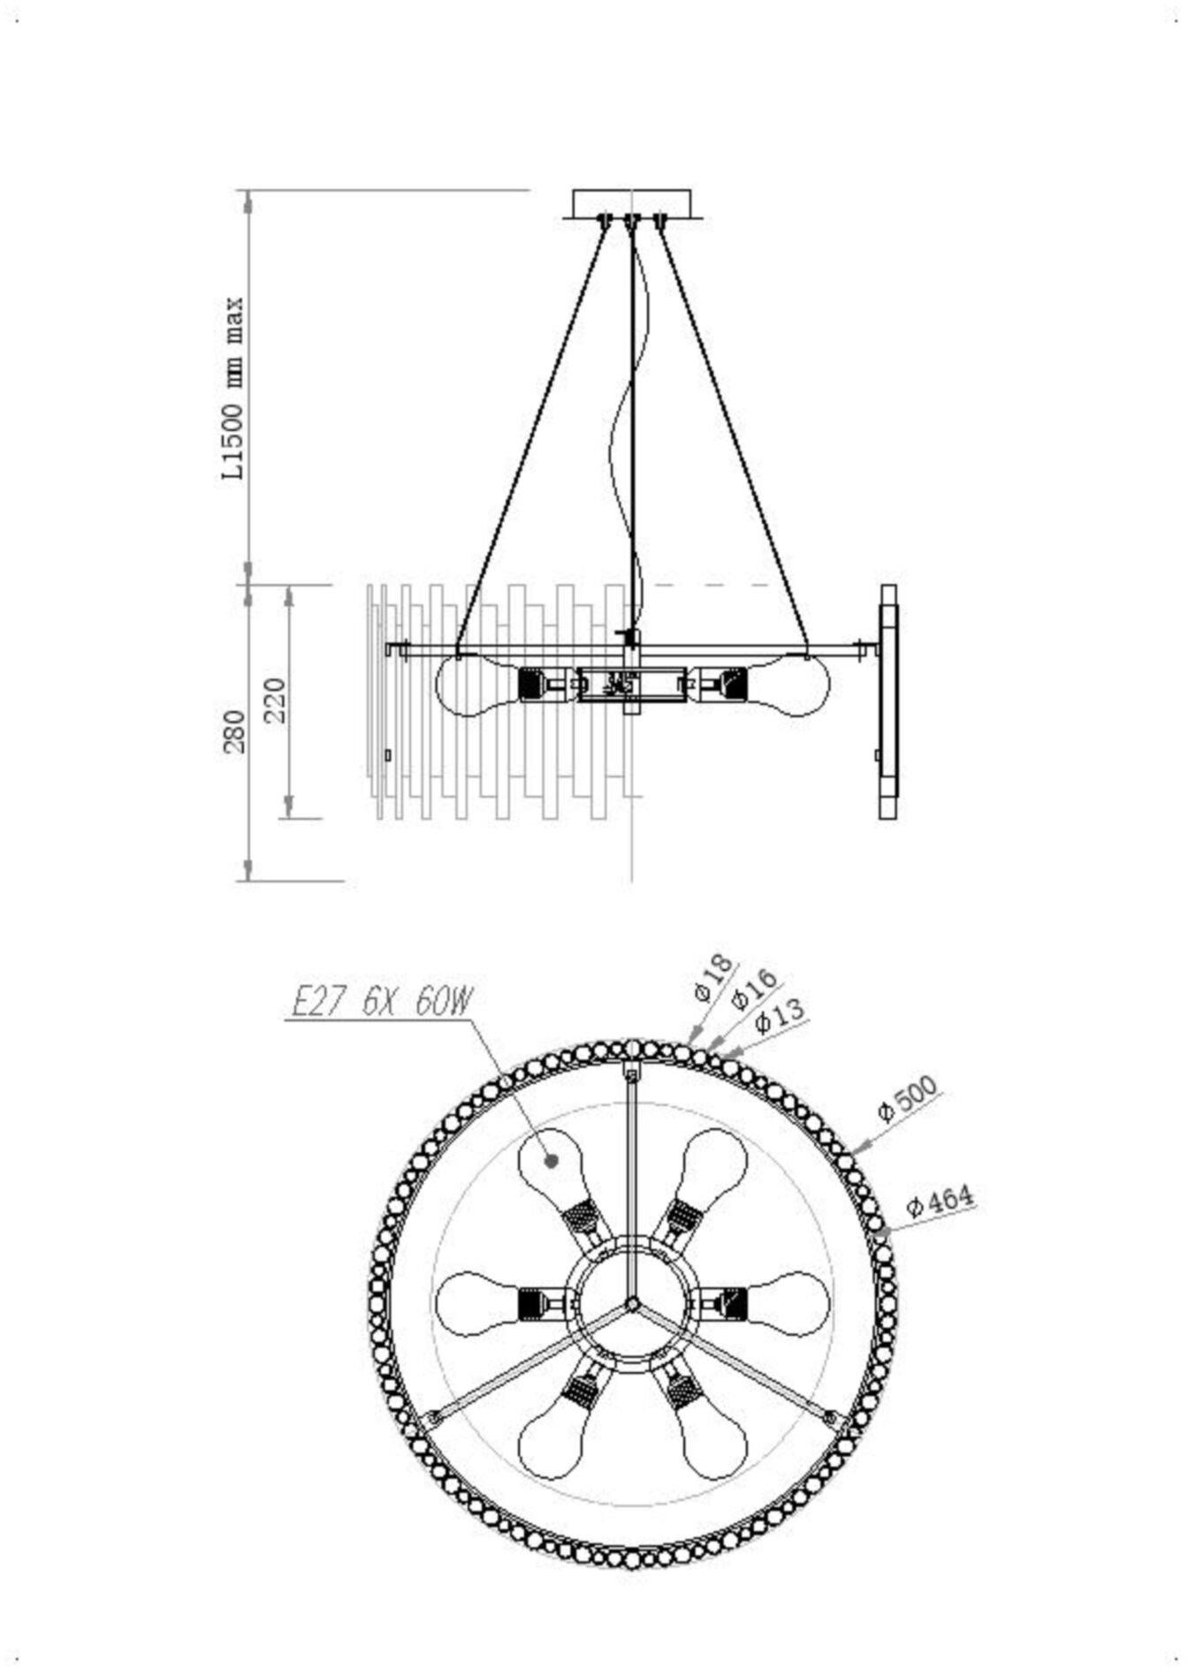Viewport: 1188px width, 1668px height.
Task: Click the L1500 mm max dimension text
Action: (x=233, y=388)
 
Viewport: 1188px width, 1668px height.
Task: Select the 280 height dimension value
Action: (x=235, y=732)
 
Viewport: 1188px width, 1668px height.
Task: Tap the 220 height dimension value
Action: (x=276, y=701)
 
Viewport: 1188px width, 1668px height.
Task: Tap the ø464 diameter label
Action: (x=940, y=1202)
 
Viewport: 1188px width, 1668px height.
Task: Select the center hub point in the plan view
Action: (x=632, y=1304)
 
